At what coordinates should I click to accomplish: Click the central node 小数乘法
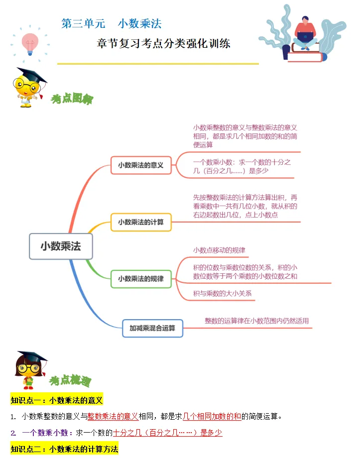(61, 246)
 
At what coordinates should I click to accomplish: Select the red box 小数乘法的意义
(140, 165)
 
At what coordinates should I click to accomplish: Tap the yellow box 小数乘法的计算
(140, 222)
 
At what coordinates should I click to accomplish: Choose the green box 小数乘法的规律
(140, 279)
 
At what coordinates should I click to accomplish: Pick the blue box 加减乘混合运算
(153, 328)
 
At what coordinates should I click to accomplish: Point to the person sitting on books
(305, 32)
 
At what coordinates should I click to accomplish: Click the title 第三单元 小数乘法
(112, 23)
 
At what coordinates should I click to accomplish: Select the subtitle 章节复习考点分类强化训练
(163, 43)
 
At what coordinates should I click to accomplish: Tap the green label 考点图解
(72, 99)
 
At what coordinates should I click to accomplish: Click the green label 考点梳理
(70, 381)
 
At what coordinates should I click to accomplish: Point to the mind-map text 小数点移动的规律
(219, 250)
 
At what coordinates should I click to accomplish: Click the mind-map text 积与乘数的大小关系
(222, 293)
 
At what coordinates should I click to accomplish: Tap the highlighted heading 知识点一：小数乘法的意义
(57, 400)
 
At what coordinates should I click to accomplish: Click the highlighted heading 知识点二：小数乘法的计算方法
(64, 449)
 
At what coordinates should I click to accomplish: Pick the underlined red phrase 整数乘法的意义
(113, 416)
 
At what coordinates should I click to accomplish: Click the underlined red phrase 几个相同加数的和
(212, 416)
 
